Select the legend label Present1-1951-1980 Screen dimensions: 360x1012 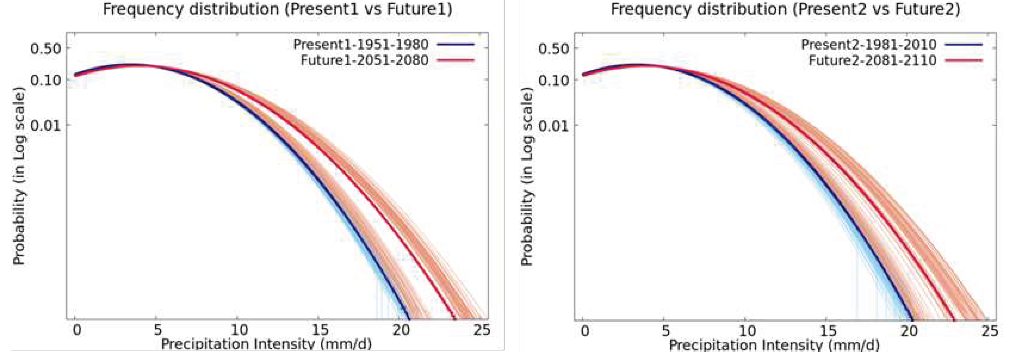[x=361, y=44]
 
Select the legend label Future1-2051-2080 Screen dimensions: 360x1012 [x=364, y=61]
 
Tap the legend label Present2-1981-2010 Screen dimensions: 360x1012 [x=869, y=44]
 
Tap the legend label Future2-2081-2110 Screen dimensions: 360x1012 [x=872, y=61]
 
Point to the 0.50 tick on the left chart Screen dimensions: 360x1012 [x=46, y=49]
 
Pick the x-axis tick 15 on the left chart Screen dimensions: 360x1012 [x=320, y=330]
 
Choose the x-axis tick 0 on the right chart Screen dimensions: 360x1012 [x=585, y=331]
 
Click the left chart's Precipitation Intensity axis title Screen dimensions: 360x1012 [x=266, y=344]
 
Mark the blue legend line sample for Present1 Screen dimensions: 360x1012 [x=456, y=44]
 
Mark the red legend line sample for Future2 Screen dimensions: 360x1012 [x=964, y=61]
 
